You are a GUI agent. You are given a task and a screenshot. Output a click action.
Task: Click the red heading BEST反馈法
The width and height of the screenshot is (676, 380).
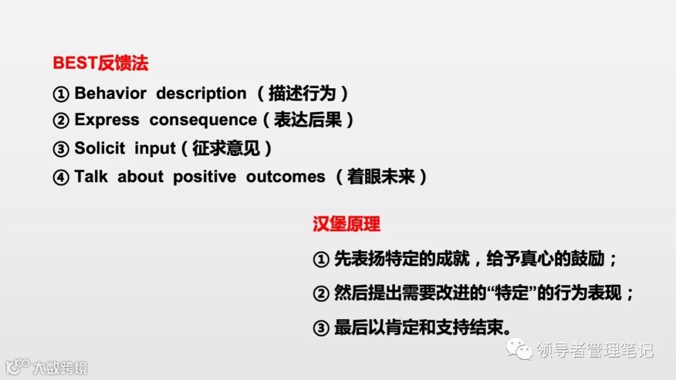coord(100,63)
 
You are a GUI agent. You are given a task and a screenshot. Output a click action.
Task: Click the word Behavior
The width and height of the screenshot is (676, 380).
coord(110,94)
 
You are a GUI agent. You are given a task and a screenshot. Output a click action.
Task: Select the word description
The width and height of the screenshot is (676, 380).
coord(201,94)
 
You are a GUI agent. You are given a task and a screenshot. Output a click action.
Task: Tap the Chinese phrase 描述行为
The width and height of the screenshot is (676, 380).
coord(302,94)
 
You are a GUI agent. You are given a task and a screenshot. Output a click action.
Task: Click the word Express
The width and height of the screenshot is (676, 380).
coord(106,120)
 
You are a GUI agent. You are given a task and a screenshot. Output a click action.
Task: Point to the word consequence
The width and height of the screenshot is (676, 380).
coord(203,120)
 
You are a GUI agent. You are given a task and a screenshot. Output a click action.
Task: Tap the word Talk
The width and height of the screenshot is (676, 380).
coord(91,177)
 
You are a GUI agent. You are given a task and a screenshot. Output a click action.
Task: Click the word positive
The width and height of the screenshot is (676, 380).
coord(205,177)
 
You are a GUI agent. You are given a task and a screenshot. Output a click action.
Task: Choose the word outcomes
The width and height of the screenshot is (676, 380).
coord(285,177)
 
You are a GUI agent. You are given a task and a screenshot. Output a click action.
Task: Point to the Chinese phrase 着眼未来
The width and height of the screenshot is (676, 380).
coord(381,177)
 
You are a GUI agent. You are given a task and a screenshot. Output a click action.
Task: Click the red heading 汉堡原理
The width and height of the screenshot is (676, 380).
coord(346,224)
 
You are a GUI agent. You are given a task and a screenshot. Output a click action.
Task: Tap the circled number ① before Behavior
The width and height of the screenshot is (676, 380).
coord(60,95)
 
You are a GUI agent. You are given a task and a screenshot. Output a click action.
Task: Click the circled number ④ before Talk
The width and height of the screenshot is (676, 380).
coord(60,177)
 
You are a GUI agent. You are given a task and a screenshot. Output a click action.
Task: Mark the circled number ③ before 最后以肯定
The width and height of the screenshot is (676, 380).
coord(320,328)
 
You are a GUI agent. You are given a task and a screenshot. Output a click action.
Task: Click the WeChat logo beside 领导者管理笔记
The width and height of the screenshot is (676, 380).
coord(520,349)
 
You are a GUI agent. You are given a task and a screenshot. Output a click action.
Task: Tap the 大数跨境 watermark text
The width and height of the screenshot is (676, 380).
coord(60,367)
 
